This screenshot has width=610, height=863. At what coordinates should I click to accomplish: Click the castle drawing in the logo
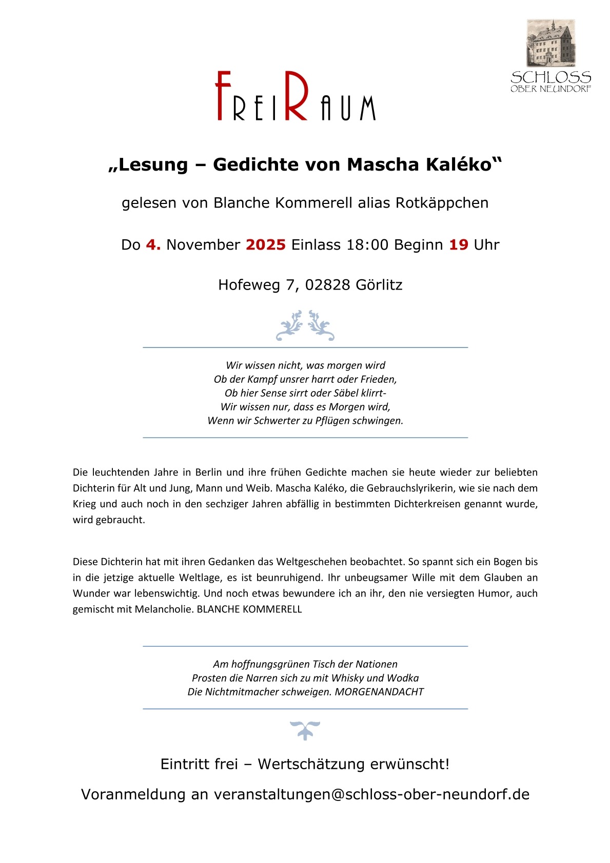click(x=550, y=43)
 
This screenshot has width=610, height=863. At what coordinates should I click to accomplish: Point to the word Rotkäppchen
click(x=442, y=203)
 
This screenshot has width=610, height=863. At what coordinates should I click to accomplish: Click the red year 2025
click(x=265, y=245)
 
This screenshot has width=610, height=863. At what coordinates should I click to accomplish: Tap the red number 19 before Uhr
click(x=459, y=245)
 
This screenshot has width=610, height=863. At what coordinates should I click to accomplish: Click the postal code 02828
click(x=327, y=285)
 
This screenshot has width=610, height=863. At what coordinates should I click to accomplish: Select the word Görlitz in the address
click(x=379, y=285)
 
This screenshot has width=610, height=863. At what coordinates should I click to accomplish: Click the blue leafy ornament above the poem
click(x=305, y=325)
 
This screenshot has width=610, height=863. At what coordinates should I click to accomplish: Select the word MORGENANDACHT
click(x=379, y=692)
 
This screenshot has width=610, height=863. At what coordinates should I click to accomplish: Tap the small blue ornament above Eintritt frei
click(x=305, y=730)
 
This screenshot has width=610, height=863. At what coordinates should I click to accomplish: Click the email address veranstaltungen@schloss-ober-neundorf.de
click(x=371, y=794)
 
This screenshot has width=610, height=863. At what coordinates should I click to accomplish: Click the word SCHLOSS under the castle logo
click(x=550, y=78)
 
